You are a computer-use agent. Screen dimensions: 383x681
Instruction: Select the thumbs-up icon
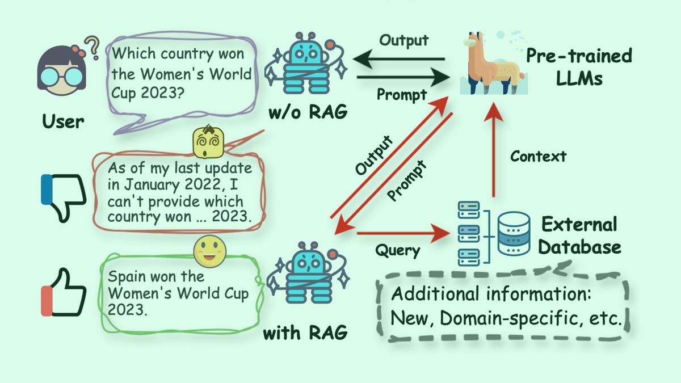64,294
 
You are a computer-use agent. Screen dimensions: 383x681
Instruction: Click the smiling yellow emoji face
209,252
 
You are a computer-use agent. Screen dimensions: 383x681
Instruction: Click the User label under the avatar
62,121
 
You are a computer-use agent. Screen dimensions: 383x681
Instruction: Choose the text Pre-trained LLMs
578,66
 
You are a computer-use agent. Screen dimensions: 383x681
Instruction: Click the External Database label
579,235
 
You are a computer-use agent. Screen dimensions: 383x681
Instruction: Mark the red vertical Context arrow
493,153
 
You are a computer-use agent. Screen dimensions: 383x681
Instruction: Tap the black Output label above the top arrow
403,40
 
